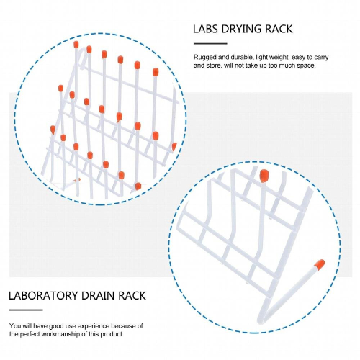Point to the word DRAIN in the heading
105,295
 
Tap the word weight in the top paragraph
279,56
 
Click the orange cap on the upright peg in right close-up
264,175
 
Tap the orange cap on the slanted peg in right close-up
318,264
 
